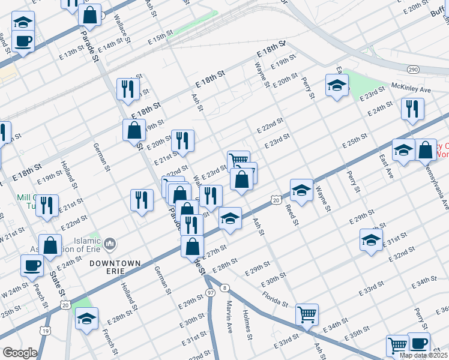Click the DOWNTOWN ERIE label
point(115,263)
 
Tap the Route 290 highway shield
point(414,70)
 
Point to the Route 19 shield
point(45,330)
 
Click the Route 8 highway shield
point(224,287)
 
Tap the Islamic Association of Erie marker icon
point(110,244)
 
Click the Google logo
point(20,353)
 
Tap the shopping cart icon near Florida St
point(307,313)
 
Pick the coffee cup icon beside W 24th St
point(32,265)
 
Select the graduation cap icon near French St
point(87,319)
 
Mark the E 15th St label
point(160,38)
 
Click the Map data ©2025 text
point(423,355)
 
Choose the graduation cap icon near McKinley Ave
point(337,85)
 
